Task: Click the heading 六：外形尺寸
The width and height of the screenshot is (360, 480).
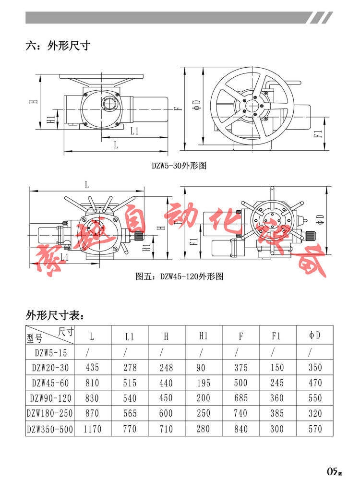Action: click(x=58, y=46)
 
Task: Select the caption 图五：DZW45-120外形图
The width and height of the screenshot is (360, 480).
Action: click(x=180, y=276)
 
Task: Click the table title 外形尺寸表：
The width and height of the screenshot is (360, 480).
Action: click(x=55, y=315)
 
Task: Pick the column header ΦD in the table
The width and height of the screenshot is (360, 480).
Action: click(x=314, y=336)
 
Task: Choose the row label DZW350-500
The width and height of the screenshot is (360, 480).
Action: click(x=49, y=429)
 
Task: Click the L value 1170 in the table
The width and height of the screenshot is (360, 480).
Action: click(x=92, y=429)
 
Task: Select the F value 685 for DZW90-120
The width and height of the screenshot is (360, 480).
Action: click(x=240, y=398)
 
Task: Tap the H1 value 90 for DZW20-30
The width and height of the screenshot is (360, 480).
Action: click(x=203, y=367)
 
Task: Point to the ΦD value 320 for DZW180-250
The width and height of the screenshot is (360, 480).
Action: click(x=314, y=413)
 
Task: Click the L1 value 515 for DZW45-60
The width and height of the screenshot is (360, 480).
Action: click(x=129, y=383)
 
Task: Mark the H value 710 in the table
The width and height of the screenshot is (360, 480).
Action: click(x=166, y=429)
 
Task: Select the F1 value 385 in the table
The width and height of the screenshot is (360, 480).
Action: click(x=277, y=413)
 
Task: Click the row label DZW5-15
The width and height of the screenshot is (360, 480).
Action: click(x=49, y=352)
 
